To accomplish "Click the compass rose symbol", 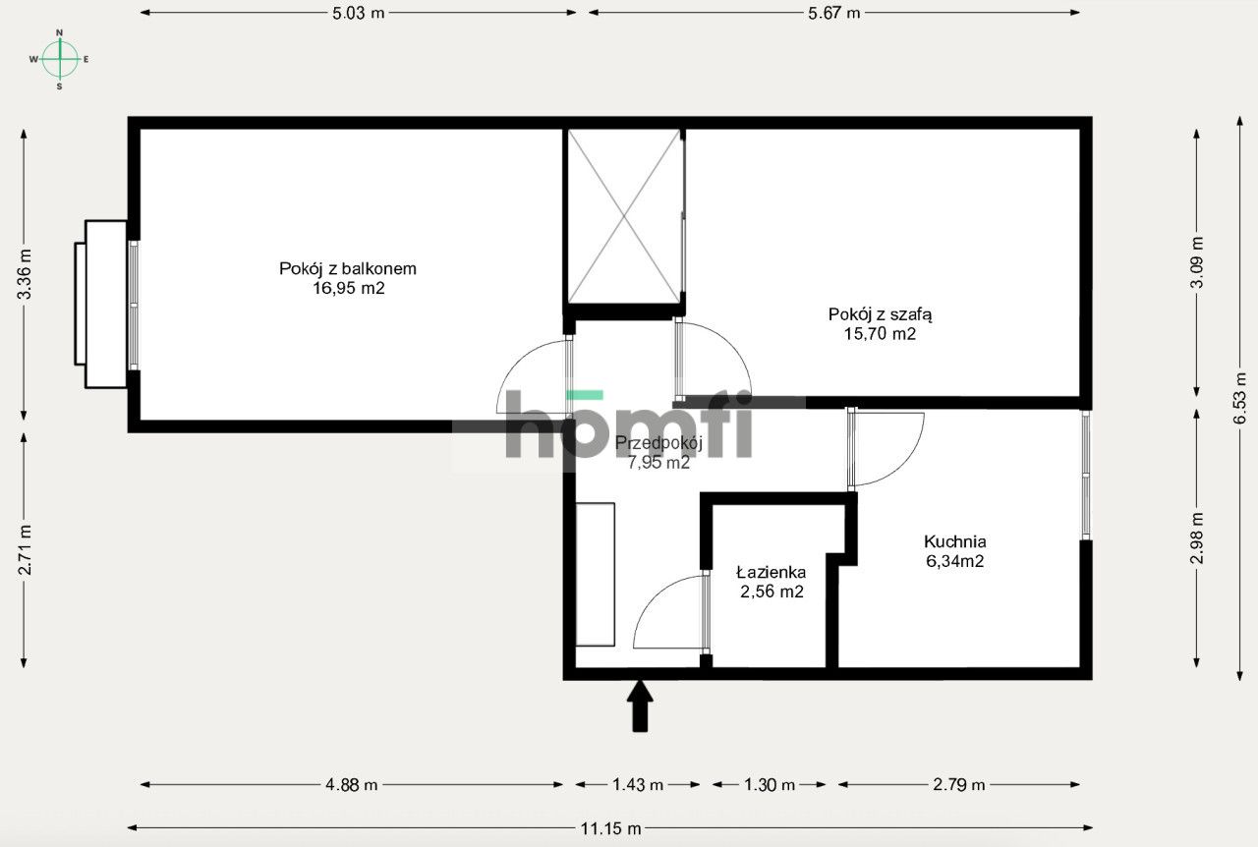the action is pos(60,59).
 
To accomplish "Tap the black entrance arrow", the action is pos(640,706).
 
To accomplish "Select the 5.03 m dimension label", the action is pos(359,13).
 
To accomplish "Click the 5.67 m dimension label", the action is pos(834,13).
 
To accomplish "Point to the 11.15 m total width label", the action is pos(610,828).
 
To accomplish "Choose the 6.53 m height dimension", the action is pos(1240,398).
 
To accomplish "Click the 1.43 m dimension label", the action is pos(638,785).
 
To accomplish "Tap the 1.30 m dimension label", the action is pos(770,785).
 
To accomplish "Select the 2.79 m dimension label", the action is pos(958,785).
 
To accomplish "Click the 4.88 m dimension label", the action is pos(352,785).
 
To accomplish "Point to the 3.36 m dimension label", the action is pos(25,274).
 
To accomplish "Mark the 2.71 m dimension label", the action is pos(25,549).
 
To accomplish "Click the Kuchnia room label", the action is pos(954,541).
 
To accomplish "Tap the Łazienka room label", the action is pos(772,572).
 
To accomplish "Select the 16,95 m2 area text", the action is pos(349,288).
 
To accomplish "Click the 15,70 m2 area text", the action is pos(880,334).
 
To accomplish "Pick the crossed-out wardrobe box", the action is pos(624,216).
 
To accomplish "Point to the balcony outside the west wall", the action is pos(101,304).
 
